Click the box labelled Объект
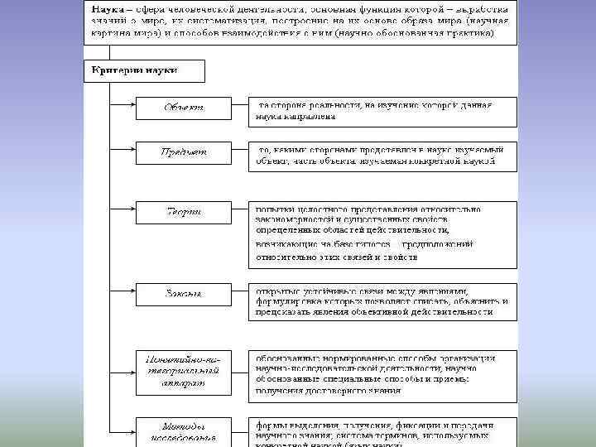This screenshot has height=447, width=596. pos(185,107)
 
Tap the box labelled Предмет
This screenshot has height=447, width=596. pos(185,152)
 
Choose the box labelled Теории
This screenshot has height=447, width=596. pos(185,212)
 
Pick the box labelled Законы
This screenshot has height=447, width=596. pos(185,294)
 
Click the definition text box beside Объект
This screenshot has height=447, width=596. pos(383,112)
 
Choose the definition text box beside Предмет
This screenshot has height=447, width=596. pos(383,156)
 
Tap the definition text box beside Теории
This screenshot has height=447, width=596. pos(383,234)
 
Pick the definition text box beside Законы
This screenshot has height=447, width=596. pos(383,301)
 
